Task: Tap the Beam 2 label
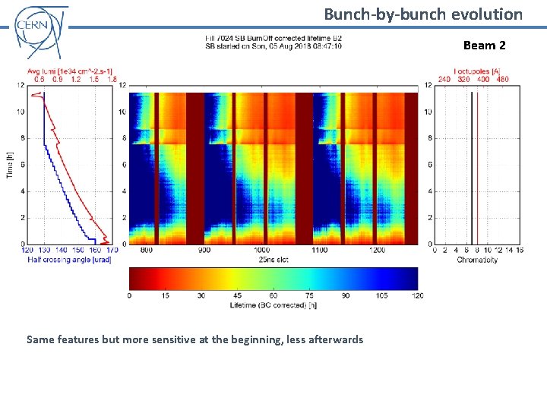(484, 46)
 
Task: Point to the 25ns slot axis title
(273, 260)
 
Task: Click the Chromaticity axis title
(477, 260)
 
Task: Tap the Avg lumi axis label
(73, 71)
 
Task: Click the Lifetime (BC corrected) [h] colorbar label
(273, 305)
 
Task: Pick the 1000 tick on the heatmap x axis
(261, 250)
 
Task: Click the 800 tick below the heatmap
(147, 250)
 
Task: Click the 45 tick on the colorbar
(237, 295)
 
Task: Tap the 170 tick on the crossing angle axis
(112, 250)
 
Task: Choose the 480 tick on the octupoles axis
(502, 78)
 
